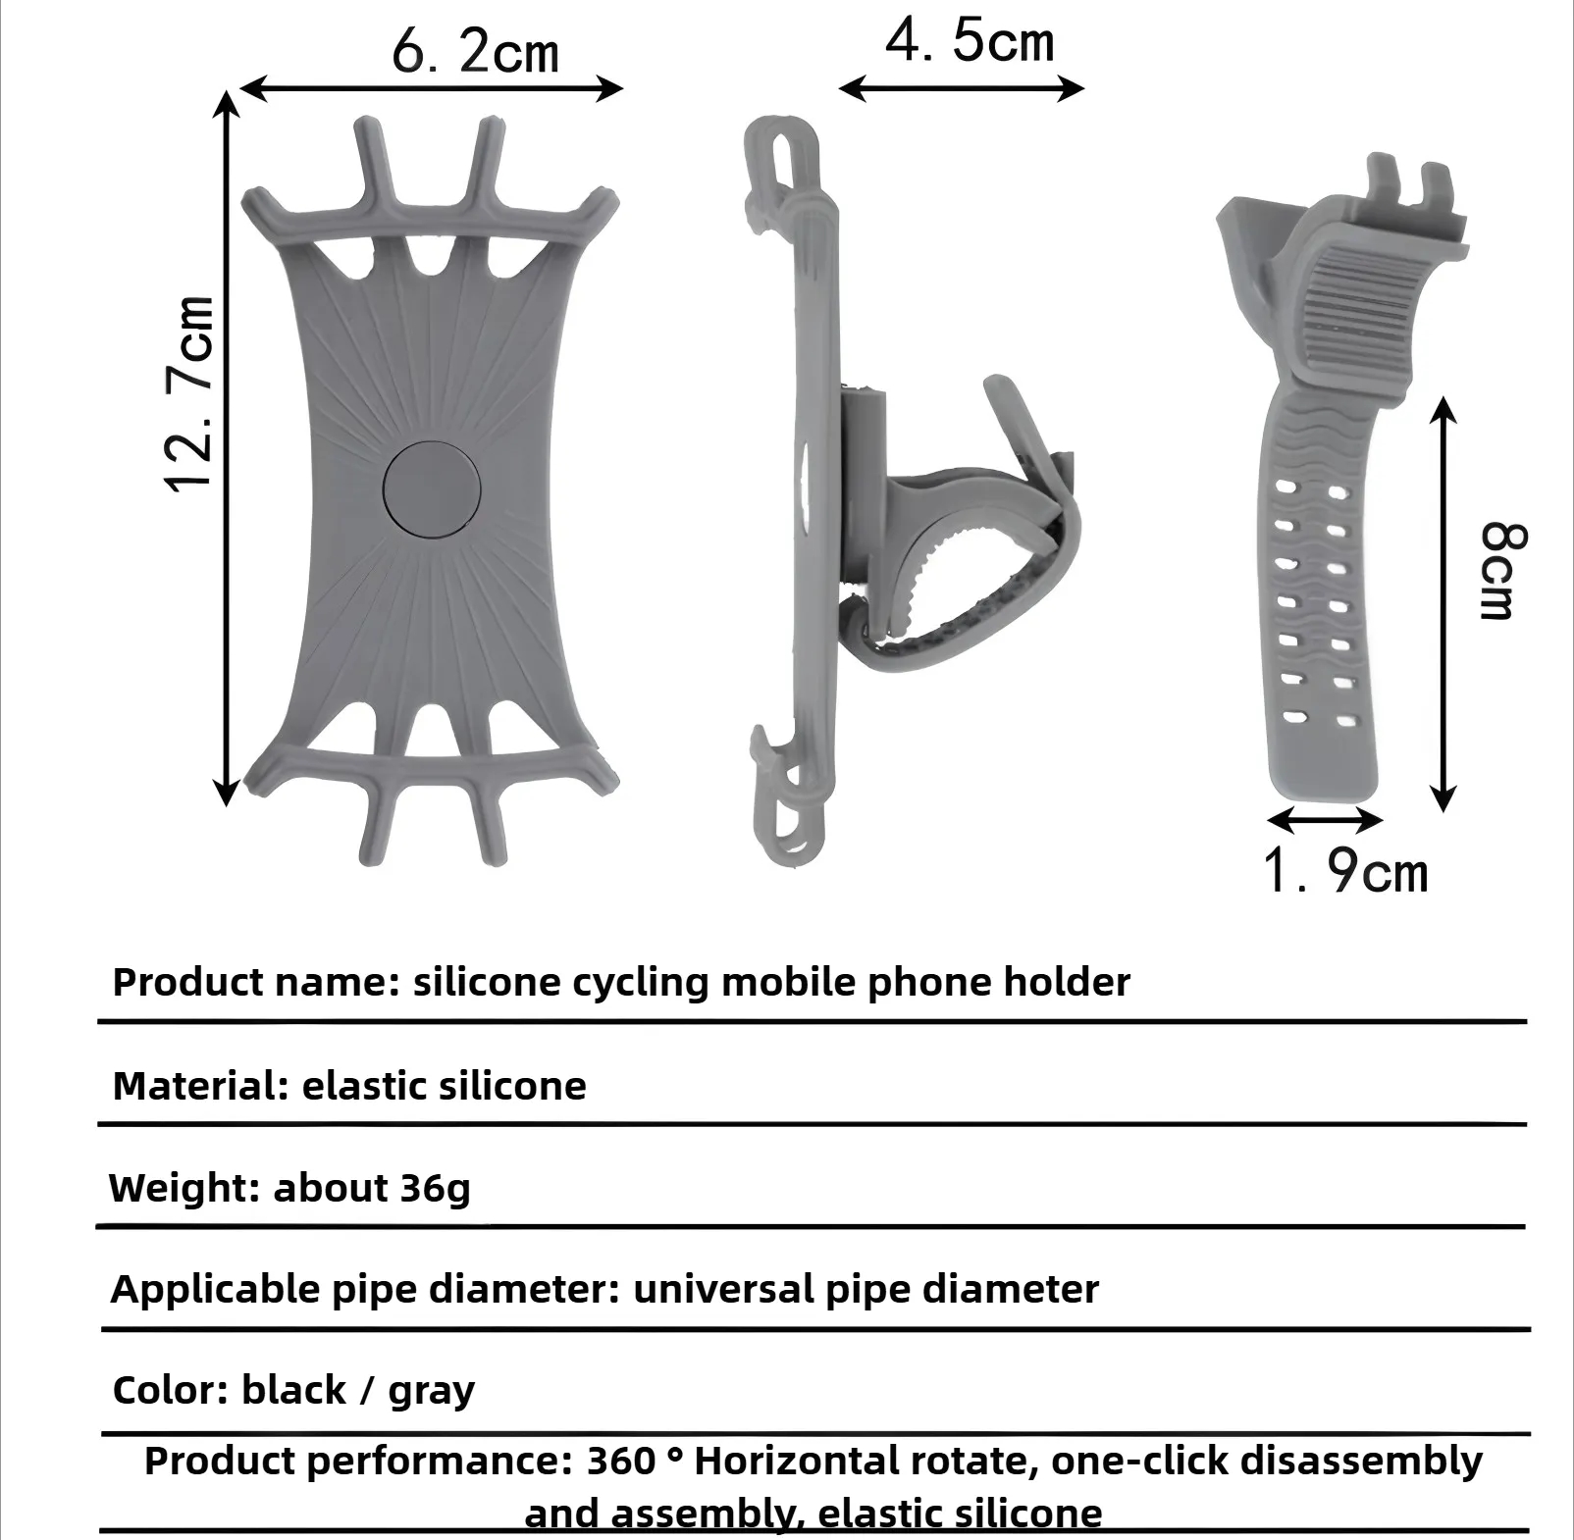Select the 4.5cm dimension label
970,42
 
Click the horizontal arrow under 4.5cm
962,88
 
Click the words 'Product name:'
256,982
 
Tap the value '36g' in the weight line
435,1188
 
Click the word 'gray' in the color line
431,1391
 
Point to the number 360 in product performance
621,1461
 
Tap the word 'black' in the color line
293,1390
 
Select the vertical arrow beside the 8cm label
1443,603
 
